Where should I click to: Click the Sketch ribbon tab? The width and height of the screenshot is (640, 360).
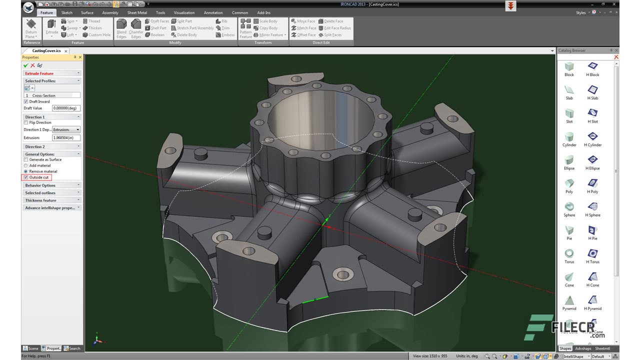coord(66,12)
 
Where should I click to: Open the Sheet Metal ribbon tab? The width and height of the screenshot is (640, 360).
coord(137,12)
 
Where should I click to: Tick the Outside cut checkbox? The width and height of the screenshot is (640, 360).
coord(26,177)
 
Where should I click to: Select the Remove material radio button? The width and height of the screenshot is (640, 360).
coord(26,171)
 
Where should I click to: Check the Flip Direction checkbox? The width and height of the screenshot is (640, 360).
coord(26,122)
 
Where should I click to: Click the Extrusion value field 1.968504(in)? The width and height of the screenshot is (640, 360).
coord(66,138)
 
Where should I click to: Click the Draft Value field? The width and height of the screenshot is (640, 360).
coord(66,108)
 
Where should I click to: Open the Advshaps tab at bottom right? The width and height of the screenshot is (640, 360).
coord(583,348)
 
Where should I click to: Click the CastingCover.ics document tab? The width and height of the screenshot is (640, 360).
coord(46,50)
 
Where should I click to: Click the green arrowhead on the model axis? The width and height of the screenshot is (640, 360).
coord(327,219)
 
